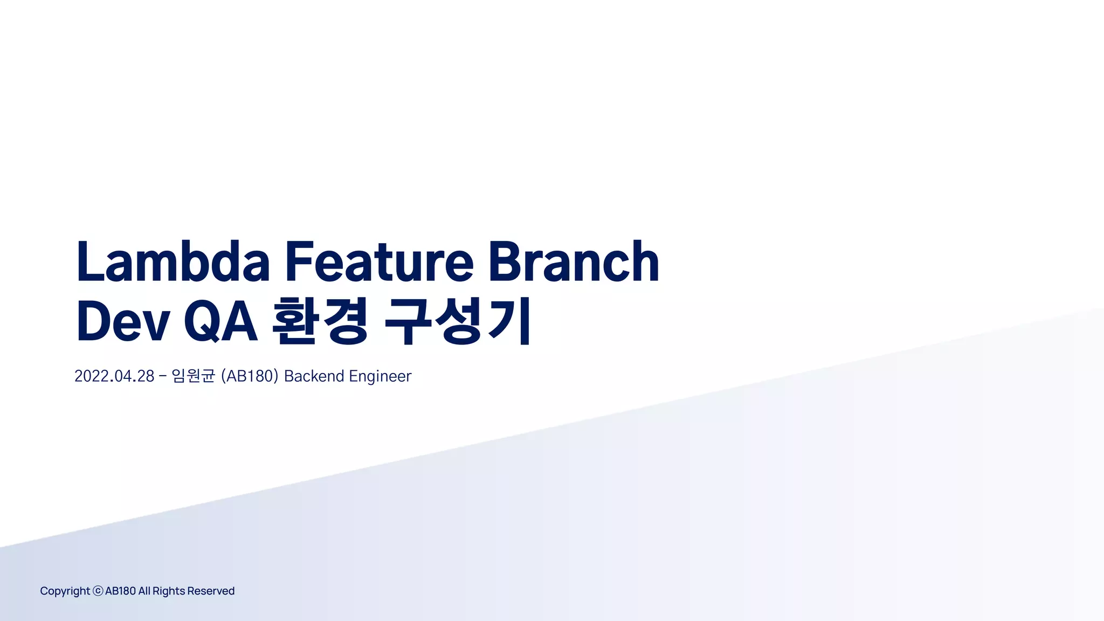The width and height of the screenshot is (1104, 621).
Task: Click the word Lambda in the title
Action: click(172, 262)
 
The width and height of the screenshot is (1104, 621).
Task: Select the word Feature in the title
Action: click(379, 262)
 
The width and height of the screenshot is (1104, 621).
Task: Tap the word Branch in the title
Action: click(574, 262)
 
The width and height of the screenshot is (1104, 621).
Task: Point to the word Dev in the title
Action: click(123, 322)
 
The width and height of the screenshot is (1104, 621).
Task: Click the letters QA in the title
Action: click(220, 322)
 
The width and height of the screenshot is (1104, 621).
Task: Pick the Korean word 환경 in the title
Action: click(320, 322)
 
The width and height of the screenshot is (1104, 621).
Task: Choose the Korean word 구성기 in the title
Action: click(458, 322)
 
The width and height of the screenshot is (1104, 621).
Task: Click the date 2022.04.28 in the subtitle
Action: click(114, 376)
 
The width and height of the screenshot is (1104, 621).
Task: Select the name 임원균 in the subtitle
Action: click(194, 376)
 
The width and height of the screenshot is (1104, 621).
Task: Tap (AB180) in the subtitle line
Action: click(250, 376)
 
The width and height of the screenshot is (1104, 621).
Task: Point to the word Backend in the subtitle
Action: click(314, 376)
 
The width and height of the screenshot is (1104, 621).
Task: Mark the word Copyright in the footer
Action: click(65, 591)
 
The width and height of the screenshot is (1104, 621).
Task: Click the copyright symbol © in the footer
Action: click(98, 591)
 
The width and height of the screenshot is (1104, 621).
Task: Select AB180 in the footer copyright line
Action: click(120, 591)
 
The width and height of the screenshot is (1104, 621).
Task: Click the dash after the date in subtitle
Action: click(163, 376)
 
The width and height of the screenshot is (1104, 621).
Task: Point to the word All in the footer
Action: click(144, 591)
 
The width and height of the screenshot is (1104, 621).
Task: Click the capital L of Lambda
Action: click(89, 262)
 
